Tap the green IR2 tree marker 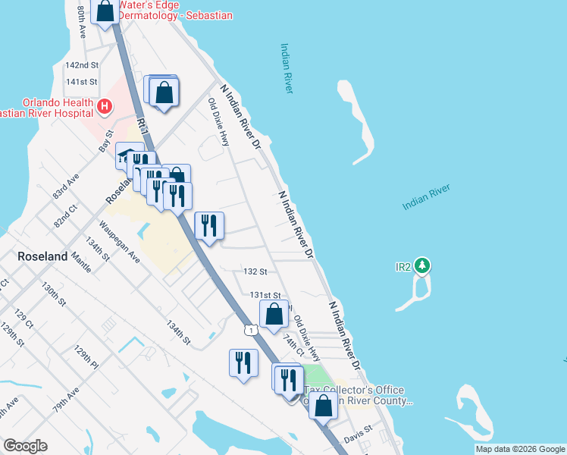(x=423, y=266)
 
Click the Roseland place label (x=42, y=257)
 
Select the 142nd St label (x=82, y=65)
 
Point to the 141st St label (x=82, y=81)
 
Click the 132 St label (x=255, y=271)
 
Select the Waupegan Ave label (x=119, y=242)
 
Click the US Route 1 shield (x=251, y=329)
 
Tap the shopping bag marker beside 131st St (x=274, y=313)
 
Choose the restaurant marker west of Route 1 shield (x=242, y=362)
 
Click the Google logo (x=25, y=446)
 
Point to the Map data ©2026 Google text (x=520, y=449)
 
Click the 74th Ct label (x=295, y=345)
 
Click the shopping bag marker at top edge (x=105, y=11)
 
